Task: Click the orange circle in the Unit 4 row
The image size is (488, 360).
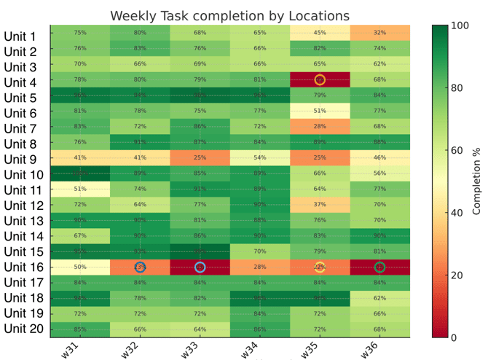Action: point(320,79)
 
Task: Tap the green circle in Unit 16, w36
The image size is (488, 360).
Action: point(379,267)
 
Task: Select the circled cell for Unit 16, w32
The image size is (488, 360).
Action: point(140,267)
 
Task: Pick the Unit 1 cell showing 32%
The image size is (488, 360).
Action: point(379,32)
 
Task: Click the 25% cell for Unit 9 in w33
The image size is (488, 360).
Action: point(200,157)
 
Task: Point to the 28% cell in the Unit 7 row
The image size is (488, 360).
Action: point(320,126)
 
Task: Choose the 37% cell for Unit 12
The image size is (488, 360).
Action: point(320,204)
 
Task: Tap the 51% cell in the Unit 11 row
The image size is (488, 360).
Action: point(80,189)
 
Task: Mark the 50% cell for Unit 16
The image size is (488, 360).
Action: point(80,267)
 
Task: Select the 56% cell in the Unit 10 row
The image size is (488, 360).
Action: point(379,173)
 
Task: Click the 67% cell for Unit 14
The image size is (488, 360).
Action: point(80,235)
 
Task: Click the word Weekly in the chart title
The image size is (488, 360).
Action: point(133,15)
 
